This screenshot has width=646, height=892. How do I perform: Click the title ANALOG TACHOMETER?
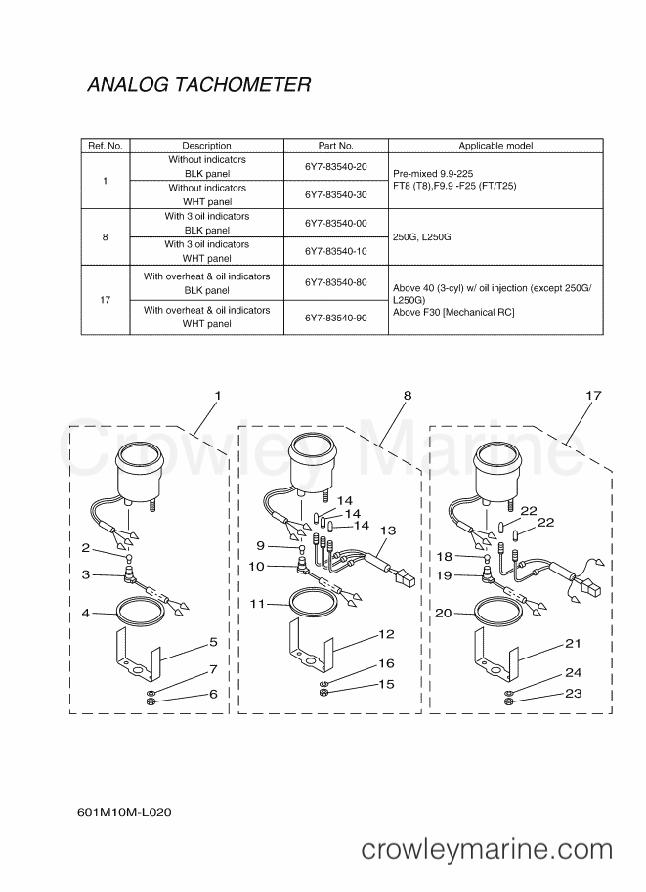(199, 84)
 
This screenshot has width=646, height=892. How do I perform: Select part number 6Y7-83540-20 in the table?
(336, 167)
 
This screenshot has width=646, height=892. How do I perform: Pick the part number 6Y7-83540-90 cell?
(336, 318)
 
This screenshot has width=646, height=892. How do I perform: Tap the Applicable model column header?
(495, 146)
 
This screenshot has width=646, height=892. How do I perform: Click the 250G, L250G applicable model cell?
(422, 236)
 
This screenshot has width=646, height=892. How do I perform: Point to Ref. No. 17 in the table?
(106, 300)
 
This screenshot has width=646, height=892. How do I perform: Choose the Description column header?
(206, 146)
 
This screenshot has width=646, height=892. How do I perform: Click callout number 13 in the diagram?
(388, 531)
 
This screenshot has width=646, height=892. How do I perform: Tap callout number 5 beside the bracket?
(213, 642)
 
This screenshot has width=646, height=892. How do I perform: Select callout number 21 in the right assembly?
(573, 643)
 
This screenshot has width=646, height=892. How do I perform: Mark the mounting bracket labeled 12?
(310, 649)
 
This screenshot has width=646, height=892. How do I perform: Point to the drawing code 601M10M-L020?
(124, 812)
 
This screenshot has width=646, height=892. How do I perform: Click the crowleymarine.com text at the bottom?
(487, 849)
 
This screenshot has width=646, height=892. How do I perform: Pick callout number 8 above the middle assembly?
(408, 396)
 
